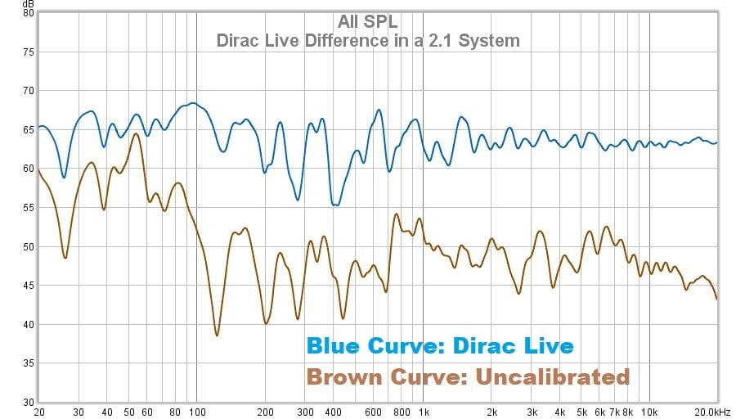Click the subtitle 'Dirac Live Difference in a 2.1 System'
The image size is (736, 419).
click(368, 40)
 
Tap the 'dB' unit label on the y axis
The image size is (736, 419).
click(29, 4)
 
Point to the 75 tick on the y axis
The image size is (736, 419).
click(28, 52)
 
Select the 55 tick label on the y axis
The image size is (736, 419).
click(28, 208)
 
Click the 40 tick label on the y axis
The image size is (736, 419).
click(28, 325)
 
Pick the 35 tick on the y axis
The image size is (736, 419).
click(28, 363)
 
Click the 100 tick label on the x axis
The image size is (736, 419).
click(196, 412)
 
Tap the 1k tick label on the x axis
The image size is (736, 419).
click(423, 412)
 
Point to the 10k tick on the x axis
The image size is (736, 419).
click(649, 412)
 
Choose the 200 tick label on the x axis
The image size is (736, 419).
click(265, 412)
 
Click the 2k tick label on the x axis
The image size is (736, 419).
click(491, 412)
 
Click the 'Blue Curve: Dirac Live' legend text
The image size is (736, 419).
click(440, 345)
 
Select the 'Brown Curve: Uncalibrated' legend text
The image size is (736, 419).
click(468, 376)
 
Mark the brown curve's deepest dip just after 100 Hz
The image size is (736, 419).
click(217, 336)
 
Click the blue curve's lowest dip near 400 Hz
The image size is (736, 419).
click(335, 205)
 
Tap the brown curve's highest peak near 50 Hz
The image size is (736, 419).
click(136, 133)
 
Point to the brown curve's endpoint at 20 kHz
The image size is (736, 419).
click(717, 300)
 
